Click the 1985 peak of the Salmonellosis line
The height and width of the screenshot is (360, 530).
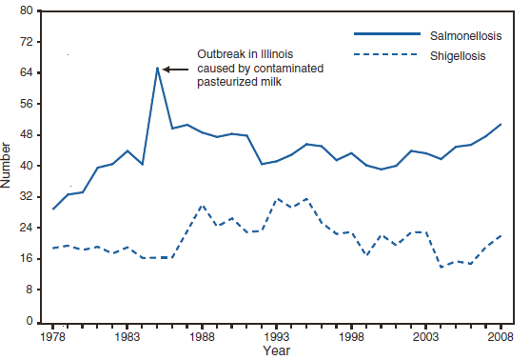coord(157,68)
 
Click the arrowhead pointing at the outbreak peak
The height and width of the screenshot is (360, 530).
coord(166,69)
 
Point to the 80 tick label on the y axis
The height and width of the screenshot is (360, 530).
coord(27,11)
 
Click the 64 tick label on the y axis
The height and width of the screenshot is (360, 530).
coord(27,73)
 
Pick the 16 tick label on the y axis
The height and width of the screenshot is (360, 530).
coord(27,259)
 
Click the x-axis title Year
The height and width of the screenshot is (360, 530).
coord(277,351)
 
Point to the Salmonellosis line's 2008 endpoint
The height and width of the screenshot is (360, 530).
coord(501,124)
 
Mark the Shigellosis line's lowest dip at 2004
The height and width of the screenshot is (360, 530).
coord(442,267)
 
